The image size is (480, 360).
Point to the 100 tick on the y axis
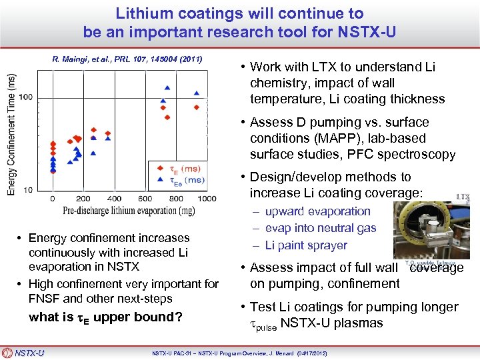click(25, 97)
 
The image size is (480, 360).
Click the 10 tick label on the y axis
click(28, 190)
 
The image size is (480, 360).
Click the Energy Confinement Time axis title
click(11, 133)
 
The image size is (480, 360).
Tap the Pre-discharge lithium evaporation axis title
click(129, 211)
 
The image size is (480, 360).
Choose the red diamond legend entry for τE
click(160, 168)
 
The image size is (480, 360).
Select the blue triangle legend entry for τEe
click(160, 179)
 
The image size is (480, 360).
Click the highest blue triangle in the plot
click(167, 87)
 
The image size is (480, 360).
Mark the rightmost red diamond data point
click(197, 107)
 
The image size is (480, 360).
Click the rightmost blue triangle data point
click(196, 93)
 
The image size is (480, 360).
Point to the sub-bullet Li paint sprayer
click(306, 245)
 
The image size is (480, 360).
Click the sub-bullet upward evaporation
click(317, 211)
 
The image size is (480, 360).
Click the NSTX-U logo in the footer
click(23, 353)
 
